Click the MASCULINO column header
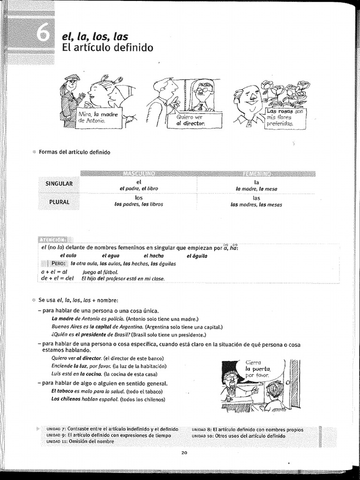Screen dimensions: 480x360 click(x=139, y=174)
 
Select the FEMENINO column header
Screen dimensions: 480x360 click(x=256, y=174)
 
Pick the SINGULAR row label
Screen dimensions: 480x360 click(x=59, y=184)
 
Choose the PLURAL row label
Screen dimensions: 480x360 click(x=59, y=202)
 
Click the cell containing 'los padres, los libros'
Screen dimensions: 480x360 click(x=139, y=204)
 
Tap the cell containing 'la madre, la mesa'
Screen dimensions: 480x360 click(x=256, y=189)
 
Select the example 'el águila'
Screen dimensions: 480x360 click(x=196, y=255)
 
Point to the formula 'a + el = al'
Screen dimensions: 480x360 click(x=55, y=272)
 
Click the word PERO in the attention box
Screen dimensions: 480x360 click(x=60, y=263)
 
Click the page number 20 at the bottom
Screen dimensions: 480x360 click(x=184, y=452)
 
